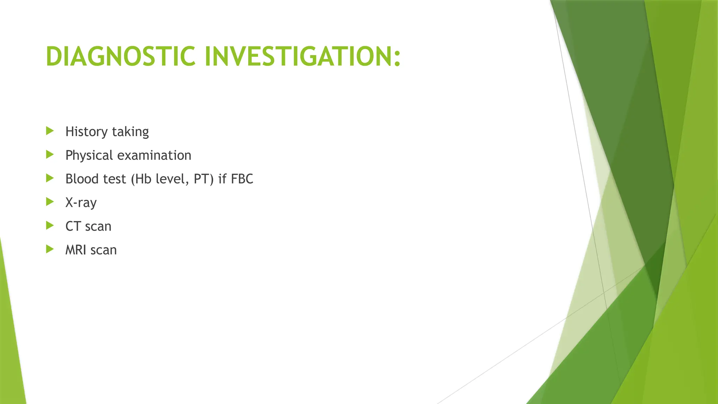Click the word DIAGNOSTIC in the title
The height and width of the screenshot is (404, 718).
pyautogui.click(x=120, y=56)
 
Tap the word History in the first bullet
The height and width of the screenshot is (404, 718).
pyautogui.click(x=87, y=132)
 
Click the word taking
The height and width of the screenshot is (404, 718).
pyautogui.click(x=130, y=132)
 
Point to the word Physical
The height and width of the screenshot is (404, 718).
pyautogui.click(x=89, y=155)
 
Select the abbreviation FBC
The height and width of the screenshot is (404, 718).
pyautogui.click(x=242, y=179)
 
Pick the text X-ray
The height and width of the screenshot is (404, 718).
pyautogui.click(x=81, y=203)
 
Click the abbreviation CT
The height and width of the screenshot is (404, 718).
pyautogui.click(x=73, y=226)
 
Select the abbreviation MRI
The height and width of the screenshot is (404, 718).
pyautogui.click(x=76, y=250)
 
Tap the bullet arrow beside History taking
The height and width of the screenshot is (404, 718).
pyautogui.click(x=50, y=131)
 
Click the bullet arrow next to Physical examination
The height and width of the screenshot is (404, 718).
pyautogui.click(x=50, y=155)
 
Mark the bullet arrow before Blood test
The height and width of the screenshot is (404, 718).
pyautogui.click(x=50, y=179)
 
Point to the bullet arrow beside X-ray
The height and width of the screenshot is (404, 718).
pyautogui.click(x=50, y=202)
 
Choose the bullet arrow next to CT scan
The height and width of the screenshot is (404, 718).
pyautogui.click(x=50, y=225)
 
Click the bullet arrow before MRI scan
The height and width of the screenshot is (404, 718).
pyautogui.click(x=50, y=249)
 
